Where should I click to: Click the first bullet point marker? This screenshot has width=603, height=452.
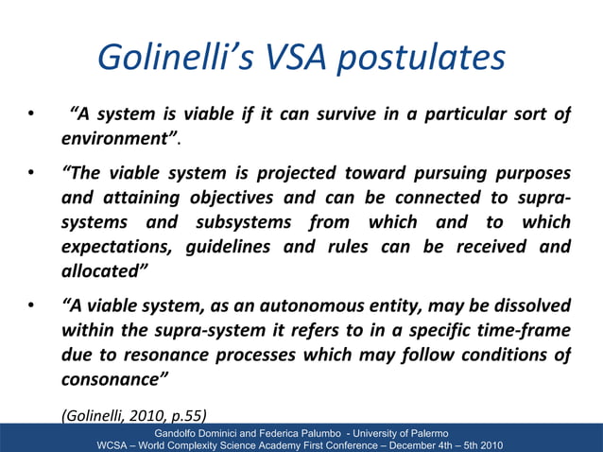click(x=31, y=117)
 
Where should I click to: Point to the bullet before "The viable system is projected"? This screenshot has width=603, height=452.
click(x=31, y=174)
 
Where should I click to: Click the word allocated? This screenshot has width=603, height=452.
click(x=100, y=272)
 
